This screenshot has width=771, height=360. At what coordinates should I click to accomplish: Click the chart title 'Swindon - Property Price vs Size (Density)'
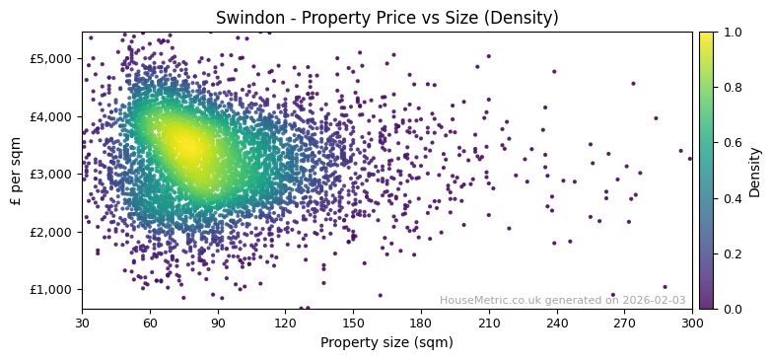pos(386,18)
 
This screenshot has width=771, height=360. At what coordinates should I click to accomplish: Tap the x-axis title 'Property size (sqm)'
pos(386,343)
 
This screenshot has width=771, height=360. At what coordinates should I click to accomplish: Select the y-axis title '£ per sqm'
pos(17,171)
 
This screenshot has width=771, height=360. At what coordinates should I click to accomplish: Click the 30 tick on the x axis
pos(82,323)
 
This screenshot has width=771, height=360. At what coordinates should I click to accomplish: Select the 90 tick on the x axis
pos(218,323)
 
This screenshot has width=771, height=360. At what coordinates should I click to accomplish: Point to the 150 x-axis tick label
pos(353,323)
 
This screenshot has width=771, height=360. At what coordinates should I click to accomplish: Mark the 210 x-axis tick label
pos(489,323)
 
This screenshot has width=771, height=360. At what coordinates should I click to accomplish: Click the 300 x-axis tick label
pos(692,323)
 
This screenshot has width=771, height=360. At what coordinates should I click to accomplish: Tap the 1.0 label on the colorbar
pos(731,33)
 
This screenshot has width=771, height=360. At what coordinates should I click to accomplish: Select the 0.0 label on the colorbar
pos(731,309)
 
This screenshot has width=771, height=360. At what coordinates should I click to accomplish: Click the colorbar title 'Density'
pos(755,171)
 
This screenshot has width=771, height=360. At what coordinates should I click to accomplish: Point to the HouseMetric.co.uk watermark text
pos(562,300)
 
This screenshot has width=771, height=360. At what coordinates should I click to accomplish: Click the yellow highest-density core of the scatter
pos(185,146)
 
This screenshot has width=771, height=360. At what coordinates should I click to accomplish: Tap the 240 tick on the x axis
pos(557,323)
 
